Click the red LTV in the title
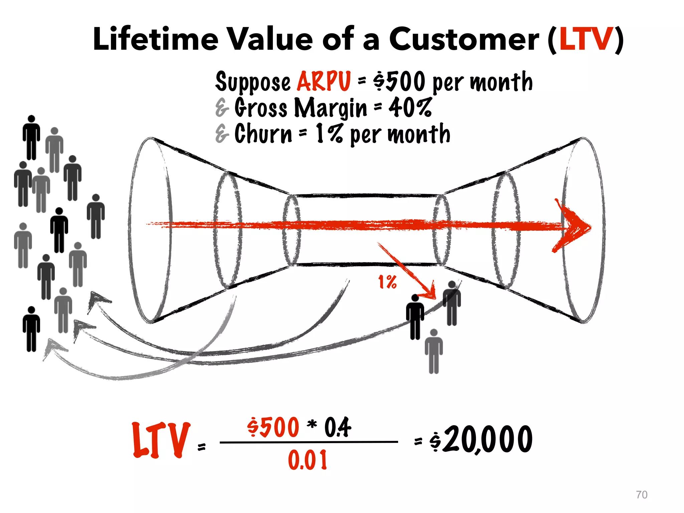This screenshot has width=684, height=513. pos(586,39)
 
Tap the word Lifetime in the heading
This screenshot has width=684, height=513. pos(156,39)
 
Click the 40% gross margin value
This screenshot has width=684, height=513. pos(410,108)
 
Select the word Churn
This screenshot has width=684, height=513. pos(263,134)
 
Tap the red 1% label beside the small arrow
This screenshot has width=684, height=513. pos(387,282)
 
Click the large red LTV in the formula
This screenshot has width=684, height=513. pos(161,440)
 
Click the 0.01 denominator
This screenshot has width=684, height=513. pos(308,460)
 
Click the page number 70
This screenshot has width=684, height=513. pos(642,495)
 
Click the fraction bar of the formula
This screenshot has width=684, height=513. pos(309,442)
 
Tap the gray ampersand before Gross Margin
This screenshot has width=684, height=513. pos(222,108)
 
